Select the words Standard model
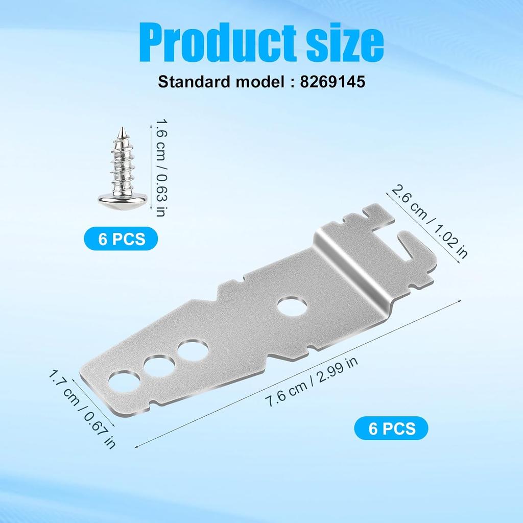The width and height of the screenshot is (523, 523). point(214,82)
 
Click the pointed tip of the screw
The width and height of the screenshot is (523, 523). point(123,131)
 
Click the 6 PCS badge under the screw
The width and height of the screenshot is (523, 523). point(122,239)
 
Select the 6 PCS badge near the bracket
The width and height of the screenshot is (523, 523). point(391,428)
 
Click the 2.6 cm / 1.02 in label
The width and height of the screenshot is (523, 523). point(429,222)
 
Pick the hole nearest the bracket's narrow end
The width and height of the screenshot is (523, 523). point(124,382)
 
